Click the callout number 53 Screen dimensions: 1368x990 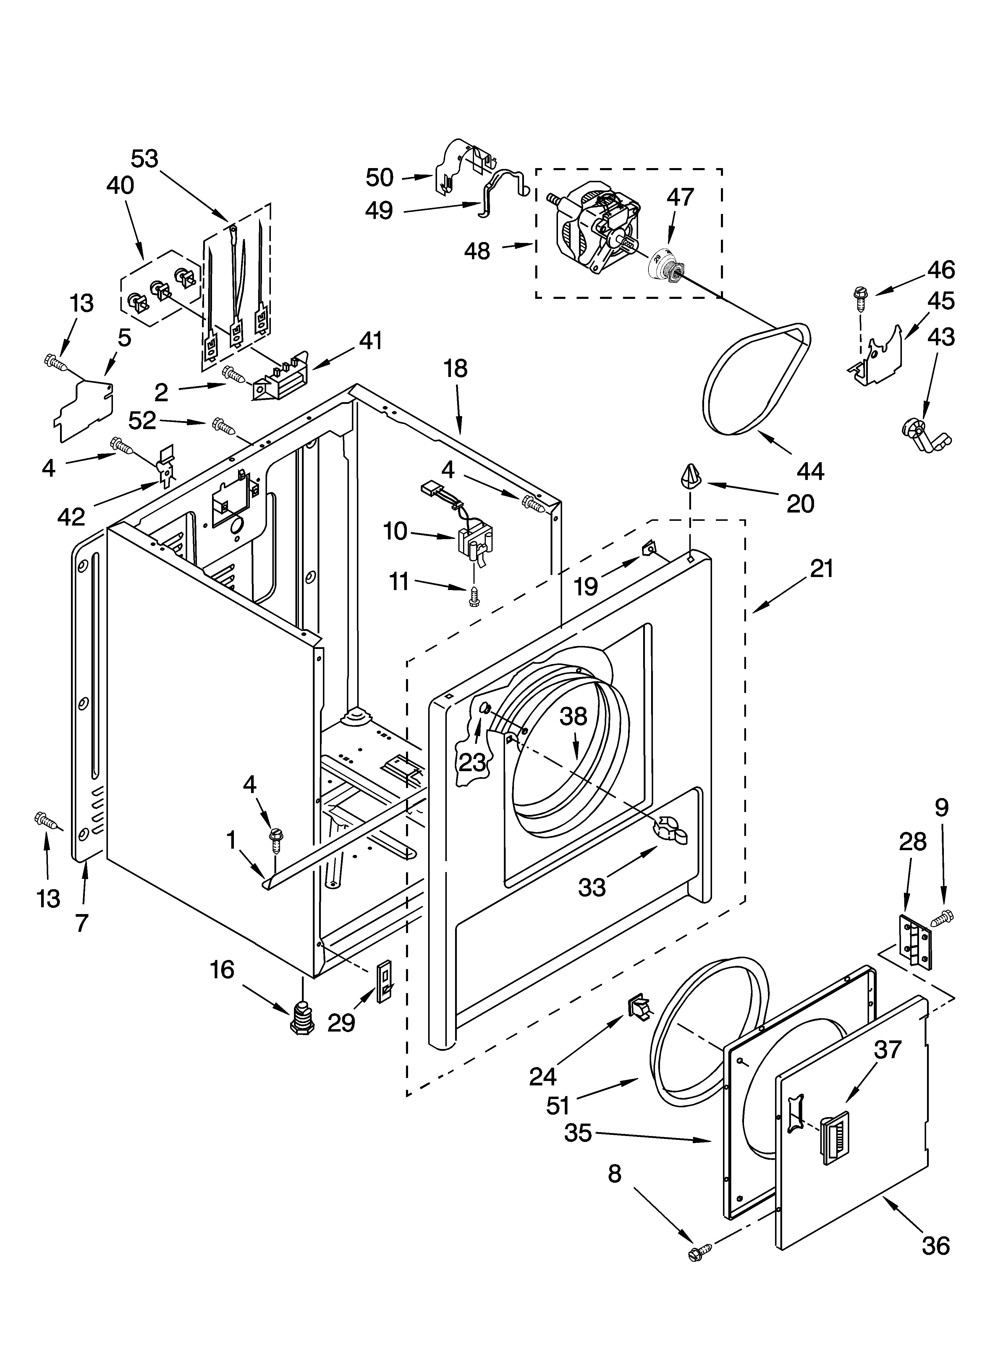pos(145,159)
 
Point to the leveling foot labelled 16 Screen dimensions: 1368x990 pos(301,1019)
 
